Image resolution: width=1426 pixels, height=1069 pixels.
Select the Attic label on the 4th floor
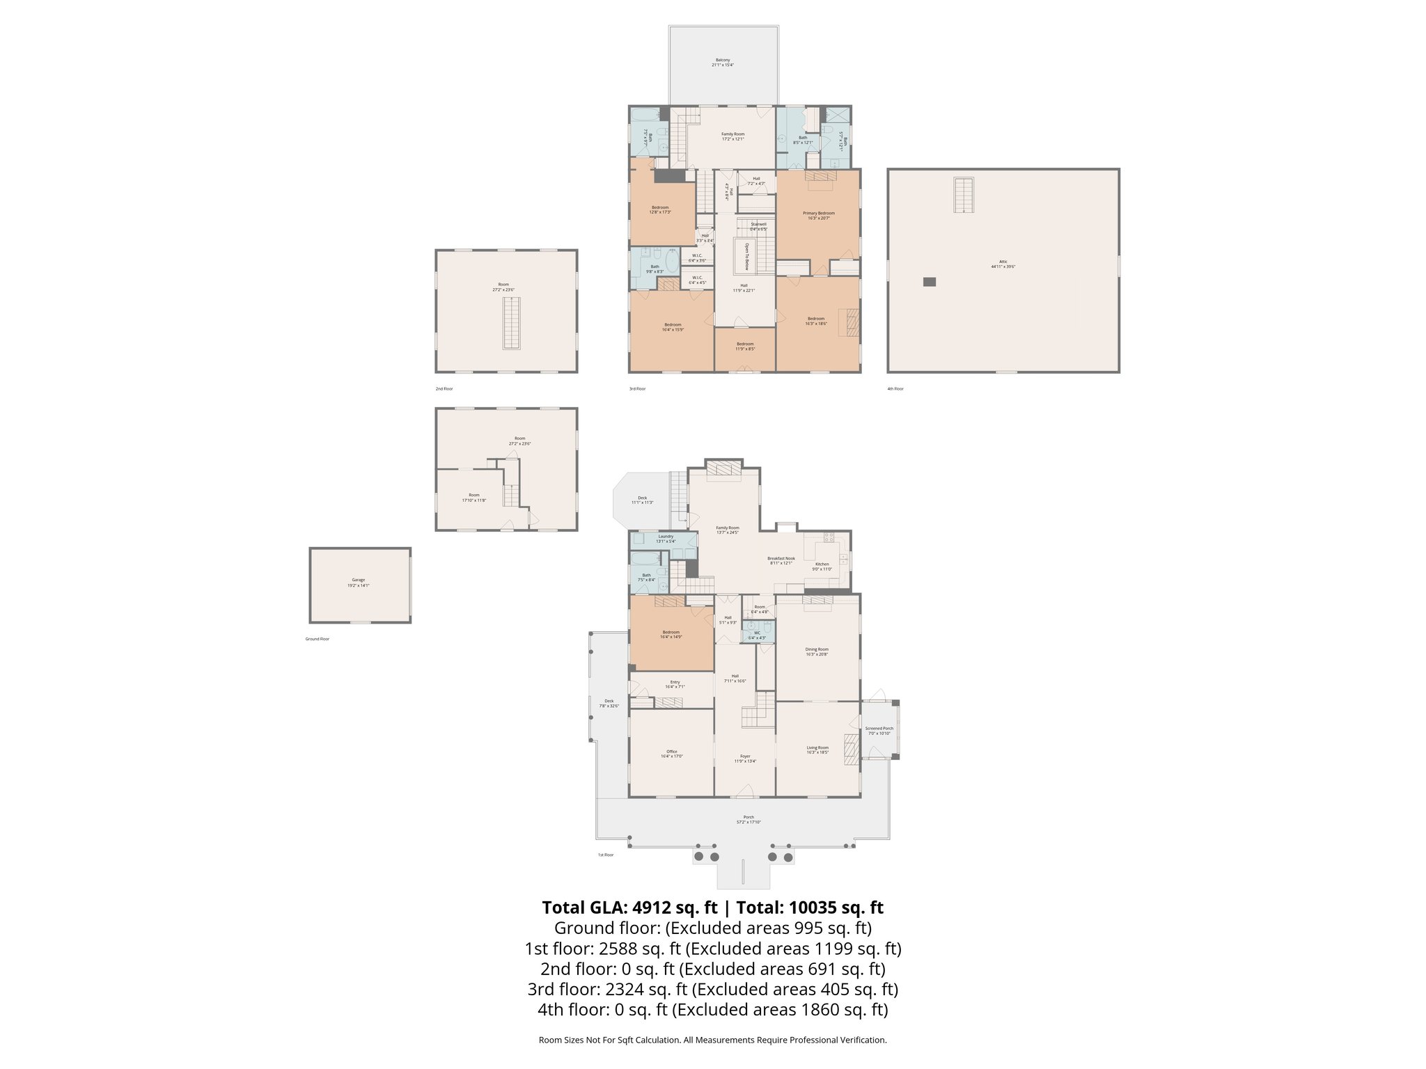[1003, 264]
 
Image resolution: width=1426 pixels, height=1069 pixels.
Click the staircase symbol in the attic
[964, 195]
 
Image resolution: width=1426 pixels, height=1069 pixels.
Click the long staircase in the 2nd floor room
[511, 323]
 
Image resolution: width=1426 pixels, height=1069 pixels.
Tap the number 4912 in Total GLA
[652, 908]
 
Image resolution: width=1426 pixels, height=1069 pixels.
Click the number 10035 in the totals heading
[811, 908]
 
